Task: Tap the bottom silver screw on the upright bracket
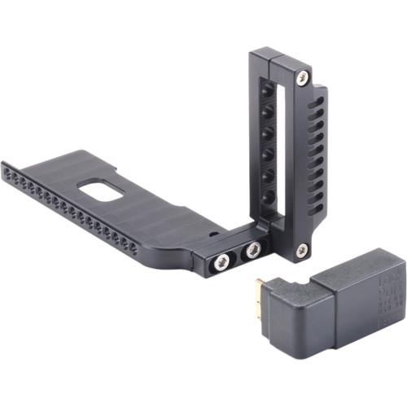pyautogui.click(x=302, y=251)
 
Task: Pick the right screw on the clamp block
pyautogui.click(x=253, y=250)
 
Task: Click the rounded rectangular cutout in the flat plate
pyautogui.click(x=102, y=189)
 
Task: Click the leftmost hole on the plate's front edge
pyautogui.click(x=7, y=173)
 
